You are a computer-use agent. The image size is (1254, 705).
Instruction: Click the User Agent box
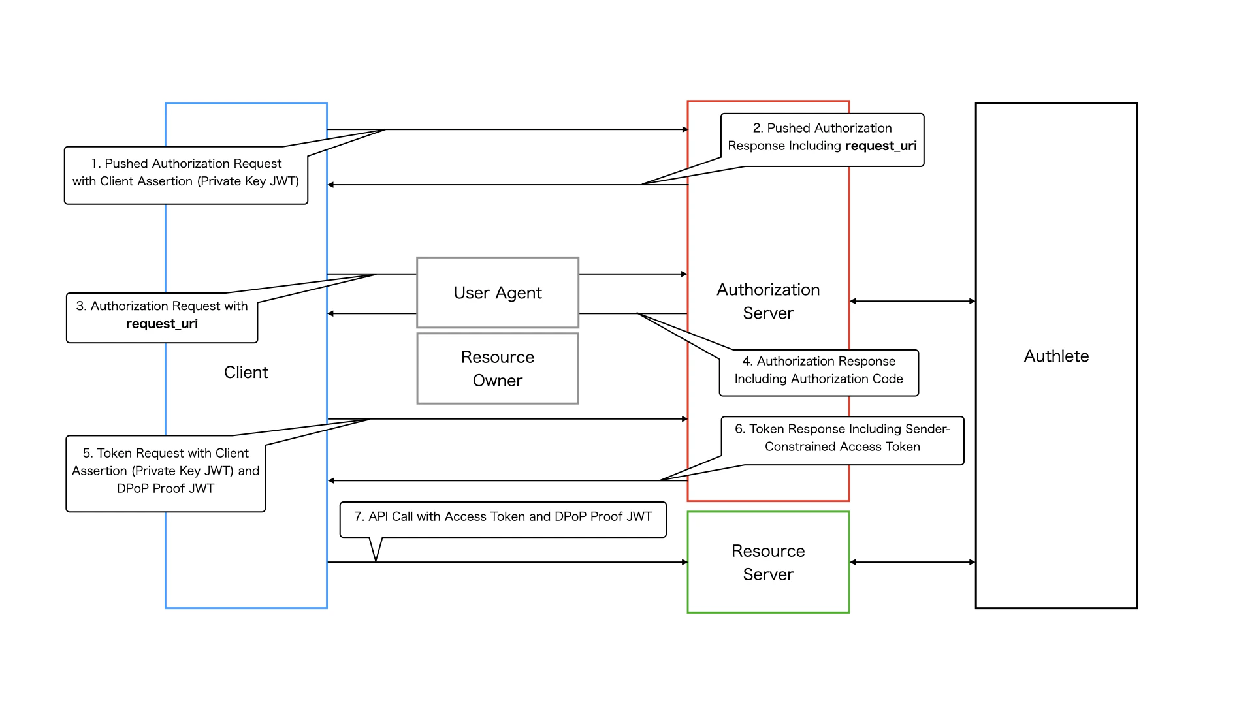498,292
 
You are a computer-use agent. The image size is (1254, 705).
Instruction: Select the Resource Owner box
498,368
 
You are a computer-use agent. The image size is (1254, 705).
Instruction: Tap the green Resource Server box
768,562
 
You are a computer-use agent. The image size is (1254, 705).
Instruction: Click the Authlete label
1056,356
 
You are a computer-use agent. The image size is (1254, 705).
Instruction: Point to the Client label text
246,372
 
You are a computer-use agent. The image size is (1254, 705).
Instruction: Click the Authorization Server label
768,301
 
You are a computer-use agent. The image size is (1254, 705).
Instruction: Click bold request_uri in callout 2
880,146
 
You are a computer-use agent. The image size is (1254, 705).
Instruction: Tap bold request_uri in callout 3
162,324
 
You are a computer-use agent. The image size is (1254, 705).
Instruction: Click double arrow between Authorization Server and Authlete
912,301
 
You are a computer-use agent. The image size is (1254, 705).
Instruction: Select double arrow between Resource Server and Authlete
912,562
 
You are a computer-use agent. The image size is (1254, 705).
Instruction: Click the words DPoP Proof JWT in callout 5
165,488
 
